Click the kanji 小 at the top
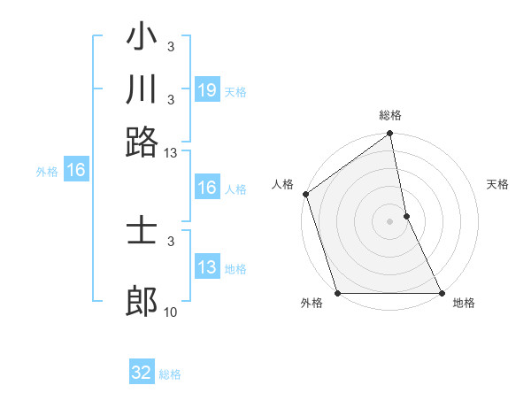click(x=142, y=41)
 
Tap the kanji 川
click(x=142, y=89)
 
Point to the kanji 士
click(x=142, y=232)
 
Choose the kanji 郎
click(x=142, y=302)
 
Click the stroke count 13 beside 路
click(x=170, y=153)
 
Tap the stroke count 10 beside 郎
click(x=170, y=312)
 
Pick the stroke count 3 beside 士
click(x=170, y=241)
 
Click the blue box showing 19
click(x=207, y=90)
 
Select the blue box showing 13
click(x=207, y=267)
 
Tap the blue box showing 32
click(x=142, y=373)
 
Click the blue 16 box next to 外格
click(x=76, y=171)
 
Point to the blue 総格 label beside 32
click(x=170, y=374)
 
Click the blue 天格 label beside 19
click(x=235, y=92)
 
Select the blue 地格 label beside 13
click(x=235, y=269)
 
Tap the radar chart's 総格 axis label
click(x=390, y=115)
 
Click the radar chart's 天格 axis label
click(x=497, y=184)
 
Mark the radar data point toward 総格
click(x=390, y=135)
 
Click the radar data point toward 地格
click(x=441, y=293)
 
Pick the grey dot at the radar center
click(x=390, y=221)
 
